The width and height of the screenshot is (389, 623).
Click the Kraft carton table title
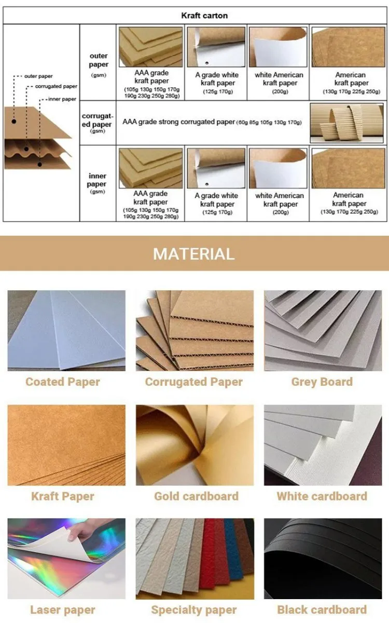(x=204, y=16)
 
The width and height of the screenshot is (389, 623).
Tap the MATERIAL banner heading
(x=194, y=254)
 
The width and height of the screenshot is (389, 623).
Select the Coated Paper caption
(x=63, y=382)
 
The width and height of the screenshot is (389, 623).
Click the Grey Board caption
(x=322, y=382)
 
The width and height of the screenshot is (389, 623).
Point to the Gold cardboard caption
(x=196, y=496)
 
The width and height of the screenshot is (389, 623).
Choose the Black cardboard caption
(x=322, y=610)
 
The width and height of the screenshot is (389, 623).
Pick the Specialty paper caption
(x=194, y=610)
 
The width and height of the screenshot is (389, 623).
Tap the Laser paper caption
(x=63, y=610)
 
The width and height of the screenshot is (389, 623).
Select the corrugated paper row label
(x=98, y=123)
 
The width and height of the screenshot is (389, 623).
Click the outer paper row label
(x=99, y=65)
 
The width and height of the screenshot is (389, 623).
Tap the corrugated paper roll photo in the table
(x=347, y=123)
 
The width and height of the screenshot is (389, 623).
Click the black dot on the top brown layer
(x=14, y=121)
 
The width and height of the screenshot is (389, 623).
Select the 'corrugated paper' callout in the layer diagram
(x=56, y=86)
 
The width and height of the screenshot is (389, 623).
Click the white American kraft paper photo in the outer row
(x=278, y=47)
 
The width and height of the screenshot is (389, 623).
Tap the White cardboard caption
(x=322, y=496)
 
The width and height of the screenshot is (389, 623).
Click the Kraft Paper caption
(x=63, y=496)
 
